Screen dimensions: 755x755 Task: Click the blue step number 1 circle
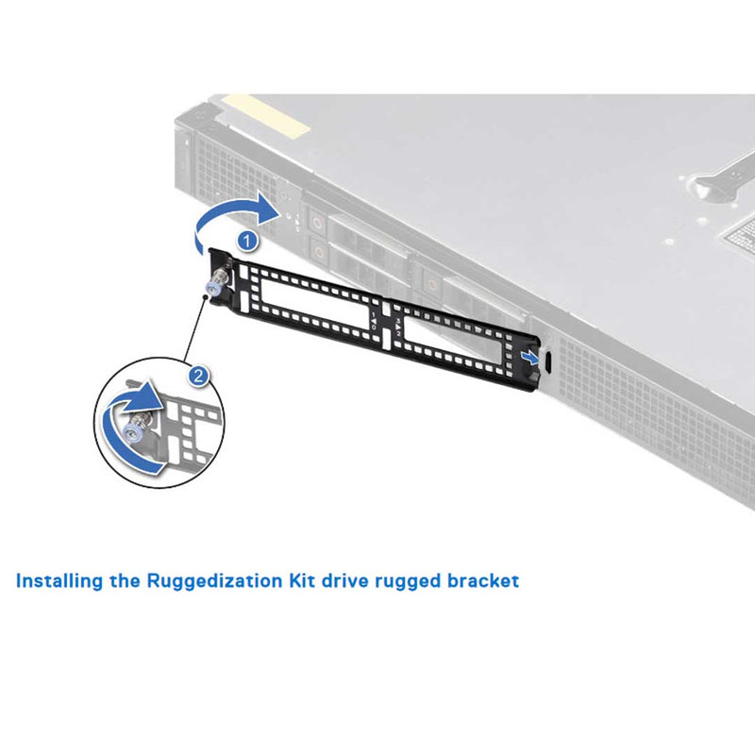[x=247, y=241]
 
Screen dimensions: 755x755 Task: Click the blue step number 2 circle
[x=197, y=376]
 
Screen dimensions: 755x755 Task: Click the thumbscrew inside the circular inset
[x=138, y=424]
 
